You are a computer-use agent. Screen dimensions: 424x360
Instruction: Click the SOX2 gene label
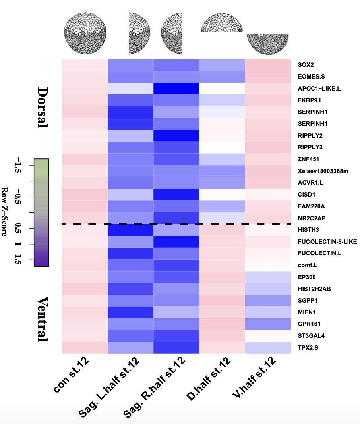(x=306, y=64)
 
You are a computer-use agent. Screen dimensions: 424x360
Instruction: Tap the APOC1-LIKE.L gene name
(x=319, y=88)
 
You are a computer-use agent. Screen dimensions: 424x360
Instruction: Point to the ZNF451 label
(x=308, y=159)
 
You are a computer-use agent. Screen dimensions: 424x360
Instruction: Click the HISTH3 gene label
(x=308, y=230)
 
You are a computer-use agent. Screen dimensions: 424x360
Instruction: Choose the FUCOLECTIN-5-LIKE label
(x=327, y=241)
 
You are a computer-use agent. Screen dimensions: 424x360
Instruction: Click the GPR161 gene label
(x=309, y=324)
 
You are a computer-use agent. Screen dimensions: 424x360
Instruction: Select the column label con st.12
(x=72, y=375)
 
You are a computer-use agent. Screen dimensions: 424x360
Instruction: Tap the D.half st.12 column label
(x=208, y=379)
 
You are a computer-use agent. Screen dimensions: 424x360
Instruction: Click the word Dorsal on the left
(x=42, y=107)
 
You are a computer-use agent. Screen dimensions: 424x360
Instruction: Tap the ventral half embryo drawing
(x=268, y=44)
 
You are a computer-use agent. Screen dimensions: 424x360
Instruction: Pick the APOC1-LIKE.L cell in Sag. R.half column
(x=176, y=88)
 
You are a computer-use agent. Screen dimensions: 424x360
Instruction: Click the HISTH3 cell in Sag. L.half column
(x=131, y=230)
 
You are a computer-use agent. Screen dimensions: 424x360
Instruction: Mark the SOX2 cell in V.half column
(x=268, y=65)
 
